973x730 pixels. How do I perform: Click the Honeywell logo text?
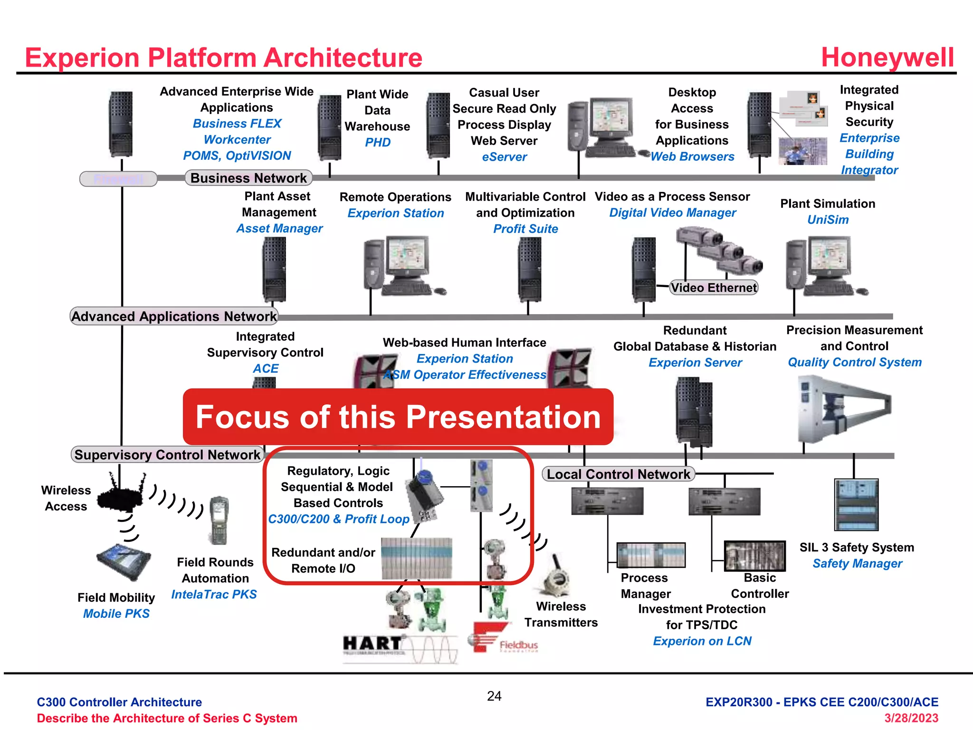coord(887,58)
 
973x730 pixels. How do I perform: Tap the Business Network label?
coord(248,178)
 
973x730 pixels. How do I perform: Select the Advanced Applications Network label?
coord(174,316)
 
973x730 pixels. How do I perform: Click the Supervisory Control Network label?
coord(167,454)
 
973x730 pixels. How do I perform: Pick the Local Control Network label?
coord(618,474)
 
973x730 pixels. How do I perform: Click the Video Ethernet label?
coord(714,288)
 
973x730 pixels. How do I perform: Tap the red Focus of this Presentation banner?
coord(398,417)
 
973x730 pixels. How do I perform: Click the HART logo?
coord(373,644)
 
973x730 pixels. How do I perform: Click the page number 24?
coord(494,696)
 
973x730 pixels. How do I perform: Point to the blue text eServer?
coord(504,157)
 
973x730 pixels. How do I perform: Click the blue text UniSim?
coord(828,220)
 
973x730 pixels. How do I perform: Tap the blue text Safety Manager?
coord(857,564)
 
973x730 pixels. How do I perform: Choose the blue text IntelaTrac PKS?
coord(214,595)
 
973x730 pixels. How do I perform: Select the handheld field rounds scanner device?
coord(219,520)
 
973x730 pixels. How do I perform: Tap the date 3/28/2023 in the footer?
coord(911,718)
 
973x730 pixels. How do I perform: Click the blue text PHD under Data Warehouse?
coord(378,143)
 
